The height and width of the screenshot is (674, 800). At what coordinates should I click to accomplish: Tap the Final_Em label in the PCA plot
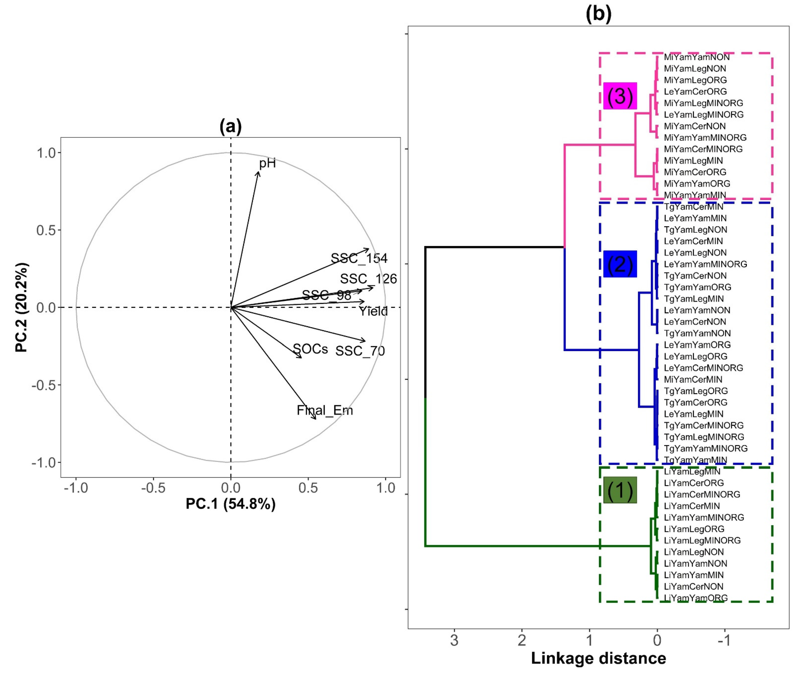click(325, 410)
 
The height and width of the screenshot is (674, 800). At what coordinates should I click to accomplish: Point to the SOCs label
click(310, 349)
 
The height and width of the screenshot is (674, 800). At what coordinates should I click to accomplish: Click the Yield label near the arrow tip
click(373, 311)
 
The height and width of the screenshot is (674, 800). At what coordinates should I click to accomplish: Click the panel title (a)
click(230, 126)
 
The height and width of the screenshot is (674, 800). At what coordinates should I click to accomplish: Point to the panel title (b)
click(599, 13)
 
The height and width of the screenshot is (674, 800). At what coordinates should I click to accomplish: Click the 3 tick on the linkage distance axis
click(454, 640)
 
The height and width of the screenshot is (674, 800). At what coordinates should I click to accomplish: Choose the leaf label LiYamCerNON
click(693, 586)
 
